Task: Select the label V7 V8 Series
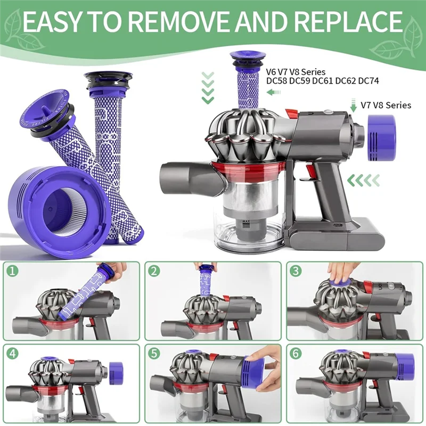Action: pos(386,105)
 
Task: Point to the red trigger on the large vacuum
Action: pos(309,172)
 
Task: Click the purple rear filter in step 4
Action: pos(116,371)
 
